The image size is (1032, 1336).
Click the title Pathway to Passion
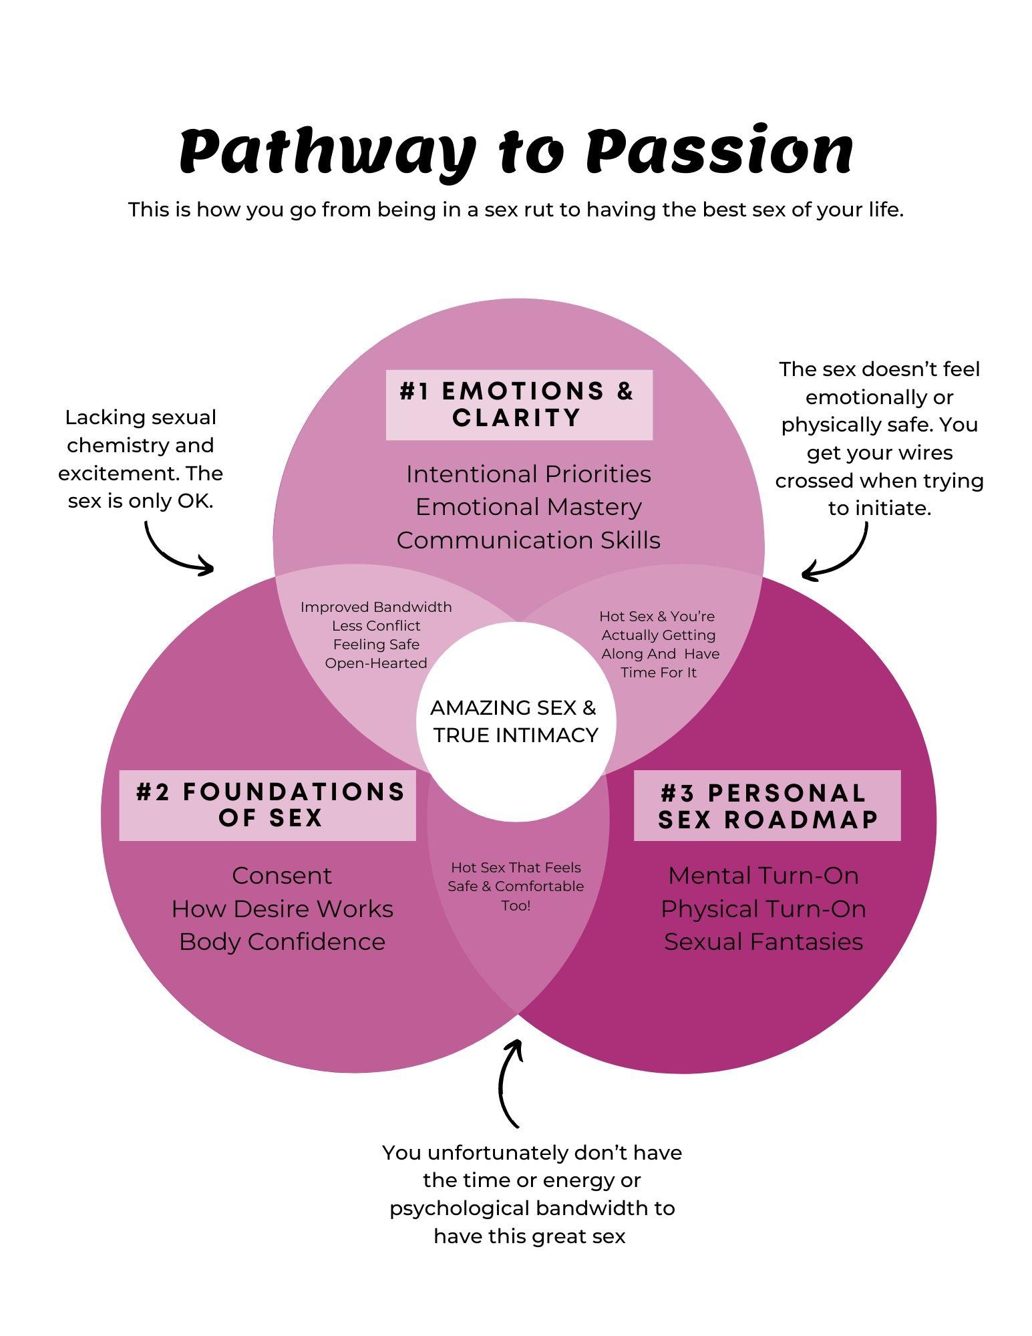click(x=516, y=152)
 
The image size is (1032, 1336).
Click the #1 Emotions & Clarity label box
click(x=518, y=405)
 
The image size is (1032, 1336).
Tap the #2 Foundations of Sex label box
click(x=267, y=805)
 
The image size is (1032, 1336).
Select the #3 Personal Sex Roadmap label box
click(x=767, y=806)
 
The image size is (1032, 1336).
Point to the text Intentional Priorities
click(x=528, y=474)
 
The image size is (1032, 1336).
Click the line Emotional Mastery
click(x=528, y=507)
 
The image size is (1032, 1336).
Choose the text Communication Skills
click(x=528, y=540)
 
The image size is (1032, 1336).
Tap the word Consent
click(x=282, y=876)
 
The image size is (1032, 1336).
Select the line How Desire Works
click(x=282, y=909)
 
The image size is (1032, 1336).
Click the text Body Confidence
click(x=282, y=942)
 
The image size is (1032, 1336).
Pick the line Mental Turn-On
click(x=763, y=876)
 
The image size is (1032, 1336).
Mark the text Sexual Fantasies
click(x=763, y=942)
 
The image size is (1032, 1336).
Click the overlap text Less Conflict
click(x=376, y=626)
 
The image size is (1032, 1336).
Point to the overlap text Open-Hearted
click(x=376, y=663)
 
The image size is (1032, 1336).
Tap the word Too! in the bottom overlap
click(x=516, y=906)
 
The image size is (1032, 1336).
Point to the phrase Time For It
click(x=659, y=673)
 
